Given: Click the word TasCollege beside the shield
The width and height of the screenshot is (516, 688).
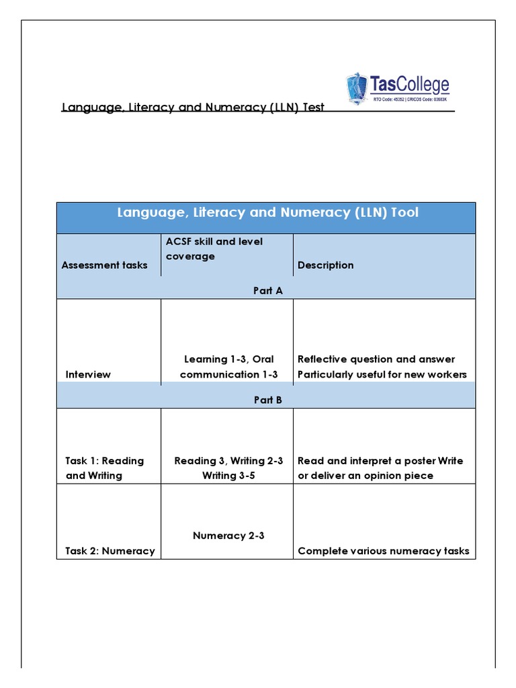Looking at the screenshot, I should click(409, 85).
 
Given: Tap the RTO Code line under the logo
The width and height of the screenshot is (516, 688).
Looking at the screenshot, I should click(411, 100).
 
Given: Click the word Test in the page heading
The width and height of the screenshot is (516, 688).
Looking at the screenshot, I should click(313, 107).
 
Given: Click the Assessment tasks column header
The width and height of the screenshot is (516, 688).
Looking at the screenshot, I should click(104, 265).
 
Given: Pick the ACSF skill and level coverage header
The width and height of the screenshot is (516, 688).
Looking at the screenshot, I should click(214, 249).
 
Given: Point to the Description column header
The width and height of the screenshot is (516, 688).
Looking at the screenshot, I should click(325, 265).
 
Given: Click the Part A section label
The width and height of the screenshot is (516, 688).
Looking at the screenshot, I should click(267, 290).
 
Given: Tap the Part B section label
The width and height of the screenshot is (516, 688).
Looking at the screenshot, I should click(267, 399).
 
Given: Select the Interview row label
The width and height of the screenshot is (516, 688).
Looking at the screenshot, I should click(88, 374).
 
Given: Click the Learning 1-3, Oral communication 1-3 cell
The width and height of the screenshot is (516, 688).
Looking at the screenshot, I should click(228, 367).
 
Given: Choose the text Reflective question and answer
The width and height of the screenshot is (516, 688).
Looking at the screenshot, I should click(376, 359).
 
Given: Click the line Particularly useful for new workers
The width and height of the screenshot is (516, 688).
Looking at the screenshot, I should click(382, 374).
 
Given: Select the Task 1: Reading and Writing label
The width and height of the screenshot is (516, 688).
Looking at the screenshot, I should click(105, 468).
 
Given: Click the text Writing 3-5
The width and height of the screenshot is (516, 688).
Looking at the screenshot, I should click(228, 476).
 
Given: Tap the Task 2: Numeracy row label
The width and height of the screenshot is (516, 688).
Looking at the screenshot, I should click(110, 551).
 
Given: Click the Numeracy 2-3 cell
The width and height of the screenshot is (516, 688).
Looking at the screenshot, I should click(228, 535).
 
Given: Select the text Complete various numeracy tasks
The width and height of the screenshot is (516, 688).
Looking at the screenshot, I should click(383, 551).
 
